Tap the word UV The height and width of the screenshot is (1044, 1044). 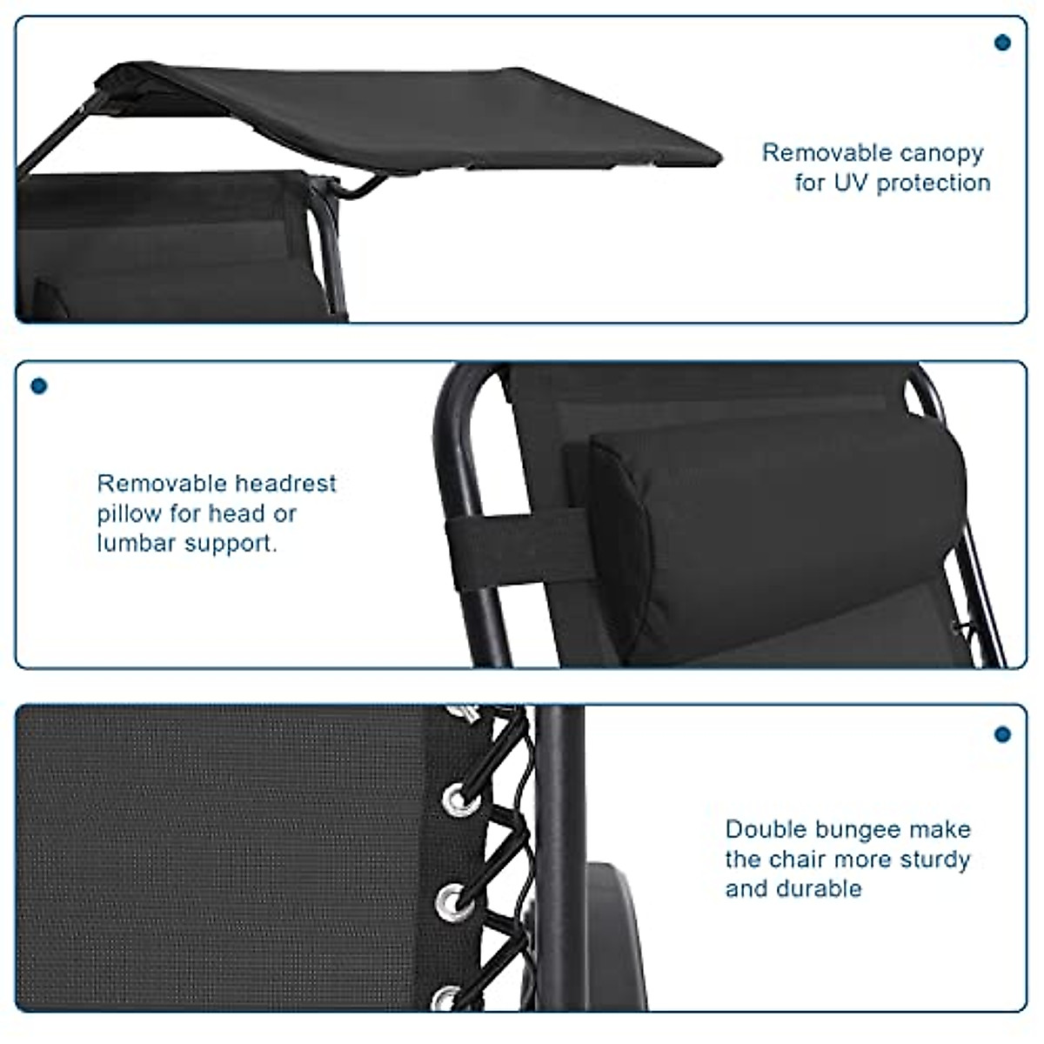[852, 183]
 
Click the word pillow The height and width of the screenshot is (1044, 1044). [130, 514]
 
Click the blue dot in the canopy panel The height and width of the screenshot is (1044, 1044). [1002, 42]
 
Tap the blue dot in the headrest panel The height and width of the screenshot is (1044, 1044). [39, 385]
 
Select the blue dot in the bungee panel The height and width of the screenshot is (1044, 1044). [1002, 734]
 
